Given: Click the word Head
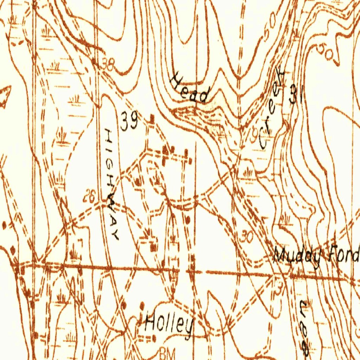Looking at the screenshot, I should coord(189,89).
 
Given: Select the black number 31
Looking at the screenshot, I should coord(296,94).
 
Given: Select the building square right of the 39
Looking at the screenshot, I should coord(152,118).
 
